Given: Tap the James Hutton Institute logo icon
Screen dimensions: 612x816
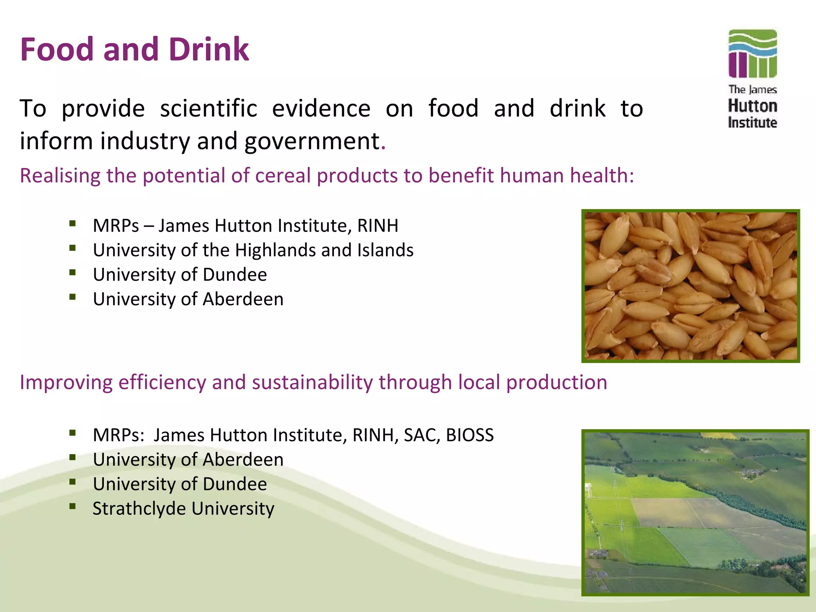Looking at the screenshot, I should click(752, 54).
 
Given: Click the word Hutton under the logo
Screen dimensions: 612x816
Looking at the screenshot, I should click(752, 106).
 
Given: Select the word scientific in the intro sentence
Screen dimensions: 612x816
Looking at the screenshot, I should click(208, 108).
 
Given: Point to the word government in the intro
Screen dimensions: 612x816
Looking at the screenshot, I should click(312, 141).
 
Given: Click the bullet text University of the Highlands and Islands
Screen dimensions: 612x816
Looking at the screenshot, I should click(253, 250).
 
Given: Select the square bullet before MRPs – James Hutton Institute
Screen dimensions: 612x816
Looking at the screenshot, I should click(72, 224).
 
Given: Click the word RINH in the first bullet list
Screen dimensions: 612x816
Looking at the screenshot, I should click(377, 226).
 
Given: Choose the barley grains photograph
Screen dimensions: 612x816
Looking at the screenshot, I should click(690, 286).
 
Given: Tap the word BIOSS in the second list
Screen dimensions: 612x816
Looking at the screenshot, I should click(470, 435).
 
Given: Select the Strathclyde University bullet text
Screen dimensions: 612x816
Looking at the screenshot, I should click(183, 509).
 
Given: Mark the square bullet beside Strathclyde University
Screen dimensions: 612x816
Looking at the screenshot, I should click(72, 506).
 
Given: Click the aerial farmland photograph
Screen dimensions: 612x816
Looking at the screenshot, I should click(695, 512).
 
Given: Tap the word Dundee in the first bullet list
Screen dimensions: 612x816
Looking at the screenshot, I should click(235, 275).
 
